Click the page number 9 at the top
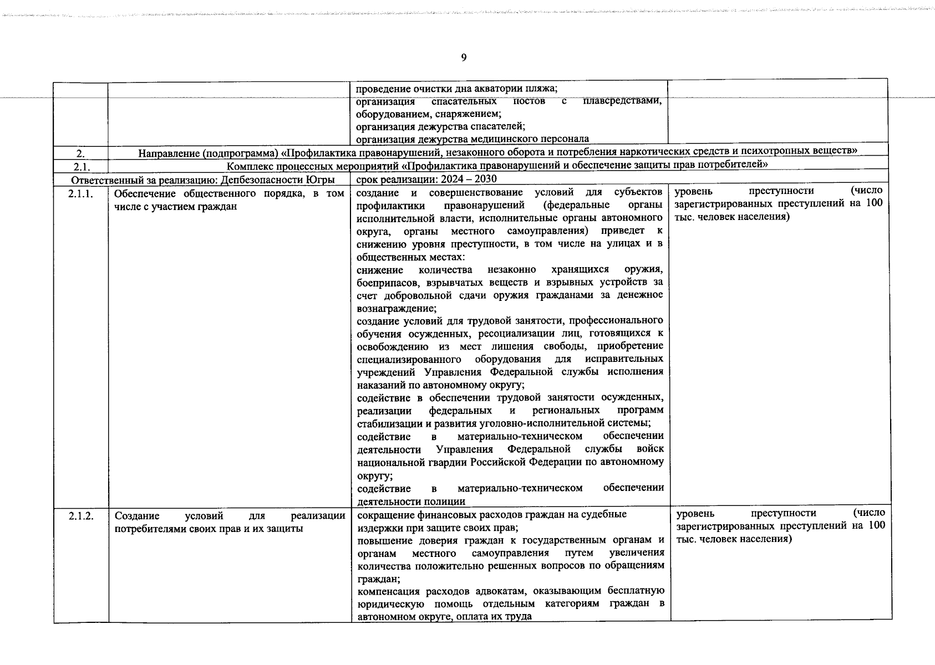(464, 58)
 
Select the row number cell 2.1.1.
(81, 193)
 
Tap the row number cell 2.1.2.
(81, 516)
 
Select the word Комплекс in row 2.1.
(249, 165)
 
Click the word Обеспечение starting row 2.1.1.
(145, 193)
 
